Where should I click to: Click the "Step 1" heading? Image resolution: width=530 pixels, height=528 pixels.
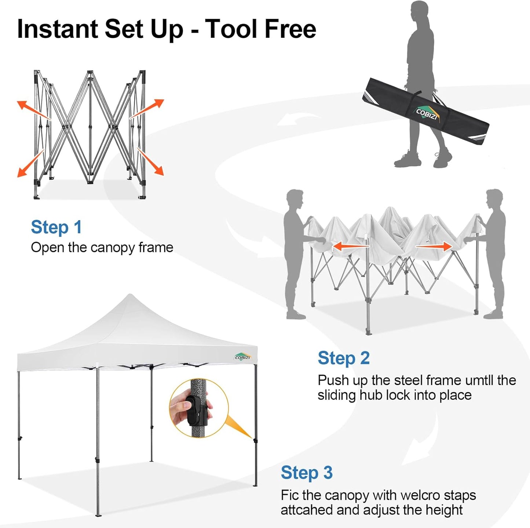[x=56, y=227]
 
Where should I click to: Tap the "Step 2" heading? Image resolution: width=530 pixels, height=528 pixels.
[x=343, y=358]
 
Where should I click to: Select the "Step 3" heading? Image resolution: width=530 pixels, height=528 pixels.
[x=307, y=473]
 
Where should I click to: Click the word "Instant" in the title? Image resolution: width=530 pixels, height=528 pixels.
[x=57, y=29]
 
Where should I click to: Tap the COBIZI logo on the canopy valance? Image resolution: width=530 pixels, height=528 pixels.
[x=242, y=357]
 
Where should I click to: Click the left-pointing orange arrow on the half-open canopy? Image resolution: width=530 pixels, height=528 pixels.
[x=350, y=246]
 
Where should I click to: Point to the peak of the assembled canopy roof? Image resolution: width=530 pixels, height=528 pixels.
[x=130, y=296]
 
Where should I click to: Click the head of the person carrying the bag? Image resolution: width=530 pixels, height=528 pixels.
[x=420, y=11]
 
